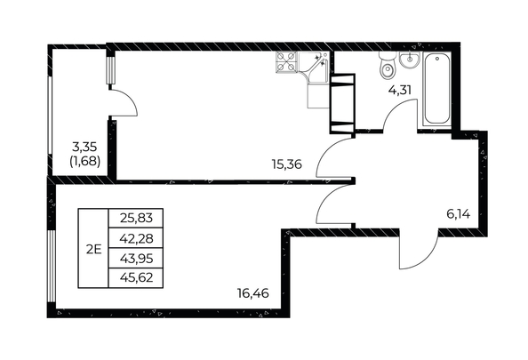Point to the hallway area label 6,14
pos(458,213)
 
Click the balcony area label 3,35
pos(84,146)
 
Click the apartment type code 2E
pos(92,249)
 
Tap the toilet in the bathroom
pos(386,68)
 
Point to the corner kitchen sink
pos(314,65)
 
